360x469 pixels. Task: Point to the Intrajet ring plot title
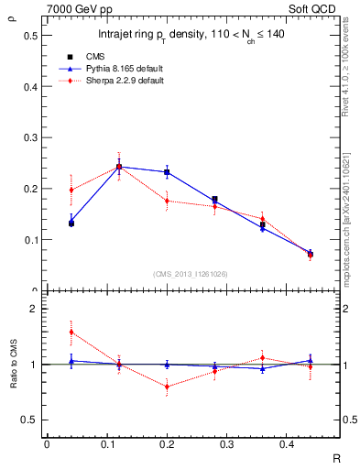pyautogui.click(x=192, y=37)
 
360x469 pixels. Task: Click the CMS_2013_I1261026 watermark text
pyautogui.click(x=191, y=274)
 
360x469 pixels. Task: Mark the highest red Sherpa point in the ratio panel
pyautogui.click(x=46, y=332)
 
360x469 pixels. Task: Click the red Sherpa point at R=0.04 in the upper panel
pyautogui.click(x=46, y=190)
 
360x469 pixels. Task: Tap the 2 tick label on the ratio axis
pyautogui.click(x=34, y=309)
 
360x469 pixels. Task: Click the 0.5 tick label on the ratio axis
pyautogui.click(x=30, y=420)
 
